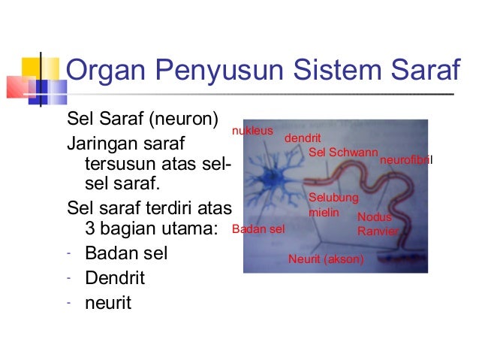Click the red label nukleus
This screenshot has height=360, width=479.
[x=252, y=130]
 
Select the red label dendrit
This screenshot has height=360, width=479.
[x=302, y=139]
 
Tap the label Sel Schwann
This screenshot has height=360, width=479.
[x=343, y=153]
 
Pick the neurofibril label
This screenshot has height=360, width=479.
[x=407, y=161]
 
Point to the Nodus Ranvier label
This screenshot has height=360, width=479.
[x=377, y=224]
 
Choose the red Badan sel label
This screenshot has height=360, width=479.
[x=258, y=229]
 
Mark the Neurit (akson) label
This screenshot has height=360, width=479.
[x=326, y=259]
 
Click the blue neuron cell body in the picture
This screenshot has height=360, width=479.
[x=267, y=180]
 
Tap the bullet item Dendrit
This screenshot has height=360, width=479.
[x=114, y=278]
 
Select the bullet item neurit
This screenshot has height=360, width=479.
[x=108, y=303]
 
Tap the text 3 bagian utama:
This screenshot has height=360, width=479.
[x=151, y=228]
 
